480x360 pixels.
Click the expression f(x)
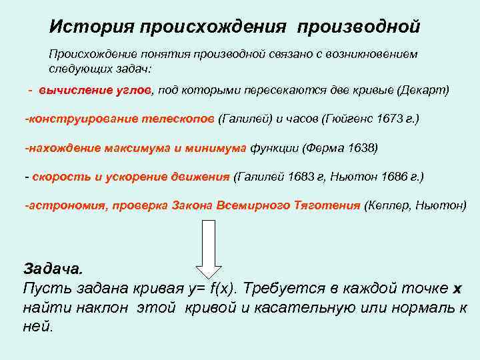click(223, 289)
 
